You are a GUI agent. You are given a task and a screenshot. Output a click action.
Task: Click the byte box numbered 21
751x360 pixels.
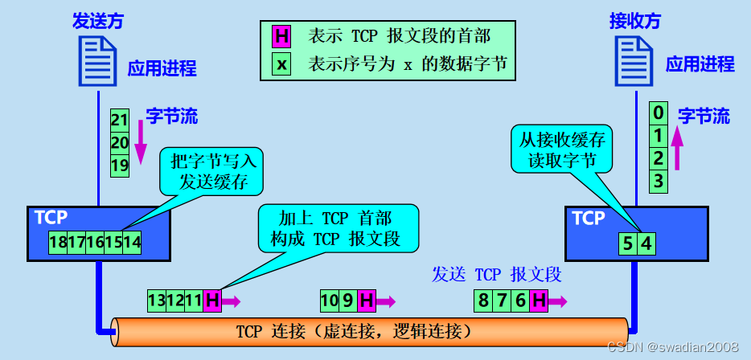click(120, 121)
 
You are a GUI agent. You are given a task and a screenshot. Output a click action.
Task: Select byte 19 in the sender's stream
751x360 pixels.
click(120, 166)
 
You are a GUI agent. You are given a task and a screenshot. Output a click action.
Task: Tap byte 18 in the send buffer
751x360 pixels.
click(58, 241)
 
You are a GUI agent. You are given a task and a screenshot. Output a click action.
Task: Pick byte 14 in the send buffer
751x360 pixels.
click(133, 241)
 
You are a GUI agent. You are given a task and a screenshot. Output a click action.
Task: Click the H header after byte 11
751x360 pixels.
click(212, 301)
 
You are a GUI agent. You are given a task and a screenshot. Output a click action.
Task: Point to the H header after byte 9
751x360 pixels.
click(366, 301)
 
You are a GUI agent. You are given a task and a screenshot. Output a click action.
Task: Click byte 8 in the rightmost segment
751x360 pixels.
click(482, 301)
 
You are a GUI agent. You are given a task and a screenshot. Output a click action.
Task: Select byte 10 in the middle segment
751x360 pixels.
click(329, 301)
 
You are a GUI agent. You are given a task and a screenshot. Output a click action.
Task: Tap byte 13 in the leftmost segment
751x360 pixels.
click(156, 301)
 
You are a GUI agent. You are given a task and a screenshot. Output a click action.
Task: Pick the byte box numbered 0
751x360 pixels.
click(659, 112)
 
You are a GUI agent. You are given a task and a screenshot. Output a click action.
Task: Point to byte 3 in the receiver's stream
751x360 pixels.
click(659, 181)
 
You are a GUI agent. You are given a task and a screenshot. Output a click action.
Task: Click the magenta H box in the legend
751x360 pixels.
click(281, 36)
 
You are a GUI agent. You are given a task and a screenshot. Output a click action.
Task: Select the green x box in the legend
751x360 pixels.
click(281, 63)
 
